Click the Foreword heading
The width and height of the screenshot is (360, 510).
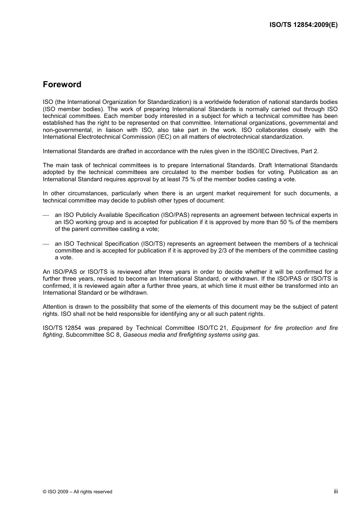point(62,85)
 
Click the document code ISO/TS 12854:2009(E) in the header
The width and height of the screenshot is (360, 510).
point(303,25)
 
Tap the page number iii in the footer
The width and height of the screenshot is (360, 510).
point(335,491)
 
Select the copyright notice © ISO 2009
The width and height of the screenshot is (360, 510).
point(77,492)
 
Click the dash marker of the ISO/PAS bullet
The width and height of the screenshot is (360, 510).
point(46,215)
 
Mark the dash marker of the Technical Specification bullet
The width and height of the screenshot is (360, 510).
point(46,244)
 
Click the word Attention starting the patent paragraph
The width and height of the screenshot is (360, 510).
point(55,307)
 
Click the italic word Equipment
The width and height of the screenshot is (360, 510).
point(246,328)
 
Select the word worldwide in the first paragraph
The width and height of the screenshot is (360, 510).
point(219,102)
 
